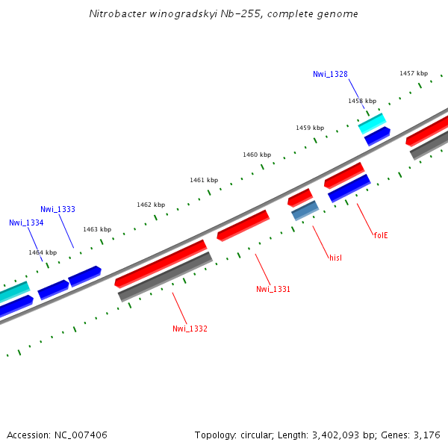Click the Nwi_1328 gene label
coord(330,74)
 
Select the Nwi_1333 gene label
coord(57,209)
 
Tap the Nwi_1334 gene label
coord(26,223)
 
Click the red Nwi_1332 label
coord(190,329)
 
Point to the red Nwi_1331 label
coord(273,289)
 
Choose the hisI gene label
coord(335,258)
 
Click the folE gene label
coord(381,235)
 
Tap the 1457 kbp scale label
coord(414,73)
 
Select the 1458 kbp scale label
coord(362,101)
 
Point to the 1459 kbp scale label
coord(310,128)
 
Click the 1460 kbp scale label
coord(257,155)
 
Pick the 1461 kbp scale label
coord(204,180)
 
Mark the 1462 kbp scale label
coord(151,205)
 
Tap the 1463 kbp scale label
coord(97,229)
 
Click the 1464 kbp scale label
coord(43,252)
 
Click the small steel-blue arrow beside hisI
coord(305,211)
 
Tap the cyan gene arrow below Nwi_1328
coord(372,123)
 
